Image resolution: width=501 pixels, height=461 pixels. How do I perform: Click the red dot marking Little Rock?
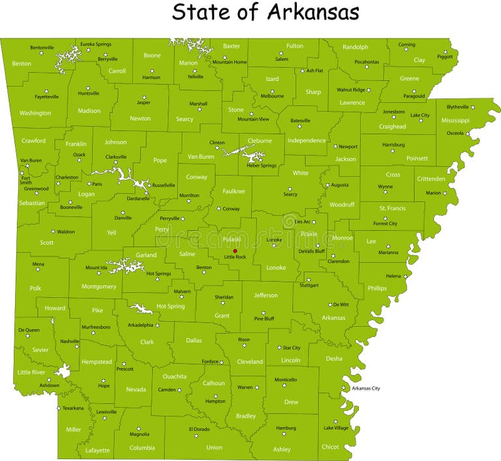(235, 251)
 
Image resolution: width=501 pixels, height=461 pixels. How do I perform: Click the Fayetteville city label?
(46, 97)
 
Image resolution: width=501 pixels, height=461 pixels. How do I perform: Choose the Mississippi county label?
(455, 120)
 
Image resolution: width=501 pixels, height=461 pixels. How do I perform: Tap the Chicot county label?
(331, 447)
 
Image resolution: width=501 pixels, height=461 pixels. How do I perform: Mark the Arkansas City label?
(365, 389)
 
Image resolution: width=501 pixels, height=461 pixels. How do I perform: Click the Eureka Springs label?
(96, 44)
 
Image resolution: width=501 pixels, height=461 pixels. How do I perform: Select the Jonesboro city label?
(393, 111)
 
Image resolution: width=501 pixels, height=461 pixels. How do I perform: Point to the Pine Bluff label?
(264, 319)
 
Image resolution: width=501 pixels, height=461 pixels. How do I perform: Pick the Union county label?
(214, 448)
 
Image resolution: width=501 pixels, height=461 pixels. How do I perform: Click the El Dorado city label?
(199, 429)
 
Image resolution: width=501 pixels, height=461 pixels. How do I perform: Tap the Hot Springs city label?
(159, 273)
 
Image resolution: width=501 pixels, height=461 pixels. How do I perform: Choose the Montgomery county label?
(99, 287)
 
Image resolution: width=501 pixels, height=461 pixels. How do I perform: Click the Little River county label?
(31, 372)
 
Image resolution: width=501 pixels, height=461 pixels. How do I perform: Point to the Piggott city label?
(445, 56)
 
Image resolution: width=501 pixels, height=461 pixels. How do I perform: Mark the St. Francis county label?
(392, 208)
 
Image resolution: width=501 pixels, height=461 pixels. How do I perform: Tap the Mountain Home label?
(230, 62)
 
